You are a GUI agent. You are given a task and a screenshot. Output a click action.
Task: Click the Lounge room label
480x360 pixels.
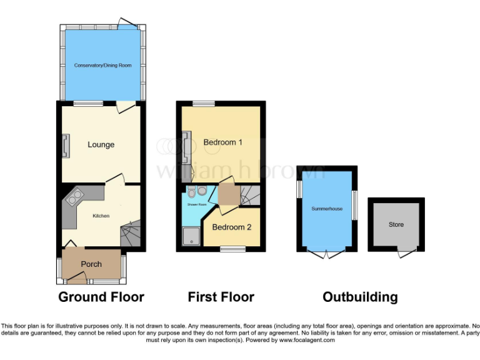101,144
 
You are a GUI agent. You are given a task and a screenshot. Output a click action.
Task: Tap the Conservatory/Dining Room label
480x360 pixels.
102,65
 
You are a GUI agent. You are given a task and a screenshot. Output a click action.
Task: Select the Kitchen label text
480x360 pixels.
101,216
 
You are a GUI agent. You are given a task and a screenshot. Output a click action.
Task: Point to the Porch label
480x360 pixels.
91,264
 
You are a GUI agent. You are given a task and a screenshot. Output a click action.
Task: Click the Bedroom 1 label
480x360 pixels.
223,142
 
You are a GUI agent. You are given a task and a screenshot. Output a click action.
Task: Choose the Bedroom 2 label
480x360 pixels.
232,227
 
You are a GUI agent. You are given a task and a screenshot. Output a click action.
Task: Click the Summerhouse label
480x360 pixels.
327,208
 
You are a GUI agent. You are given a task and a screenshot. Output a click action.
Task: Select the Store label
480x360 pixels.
396,224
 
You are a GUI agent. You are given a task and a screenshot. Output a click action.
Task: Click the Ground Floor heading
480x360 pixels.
101,297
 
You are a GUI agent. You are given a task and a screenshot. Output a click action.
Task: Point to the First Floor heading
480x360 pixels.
221,297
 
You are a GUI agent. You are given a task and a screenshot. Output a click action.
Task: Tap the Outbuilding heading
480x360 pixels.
360,297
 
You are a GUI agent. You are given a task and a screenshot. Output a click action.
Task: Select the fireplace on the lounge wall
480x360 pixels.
64,146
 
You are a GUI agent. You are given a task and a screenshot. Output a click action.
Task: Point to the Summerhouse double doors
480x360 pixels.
327,253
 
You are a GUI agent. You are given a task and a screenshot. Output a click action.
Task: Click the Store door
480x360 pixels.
407,252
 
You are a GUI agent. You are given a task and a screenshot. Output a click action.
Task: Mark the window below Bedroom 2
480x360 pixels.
232,249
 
